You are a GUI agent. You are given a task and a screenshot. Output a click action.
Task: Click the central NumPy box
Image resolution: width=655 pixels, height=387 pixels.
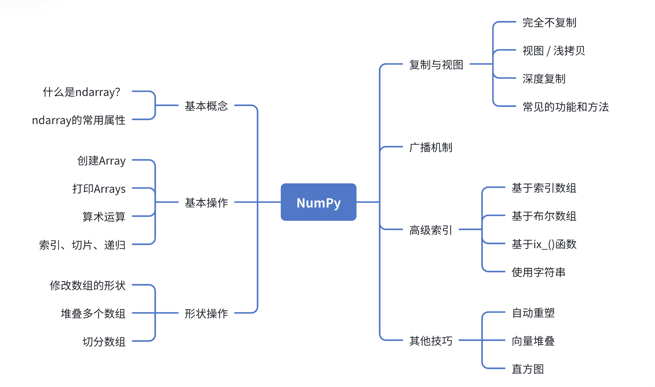(x=319, y=202)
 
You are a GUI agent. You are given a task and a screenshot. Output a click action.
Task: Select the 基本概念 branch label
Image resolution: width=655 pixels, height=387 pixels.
(x=206, y=106)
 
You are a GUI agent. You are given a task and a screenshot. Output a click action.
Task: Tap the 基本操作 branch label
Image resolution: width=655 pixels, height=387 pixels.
(x=206, y=202)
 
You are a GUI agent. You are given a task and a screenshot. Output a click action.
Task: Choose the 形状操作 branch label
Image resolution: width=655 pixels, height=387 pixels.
(x=206, y=313)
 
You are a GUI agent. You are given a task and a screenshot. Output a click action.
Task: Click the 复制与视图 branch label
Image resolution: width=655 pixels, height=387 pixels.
(x=436, y=65)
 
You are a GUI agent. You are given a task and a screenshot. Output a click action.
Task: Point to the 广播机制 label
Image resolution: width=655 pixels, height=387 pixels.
(x=430, y=147)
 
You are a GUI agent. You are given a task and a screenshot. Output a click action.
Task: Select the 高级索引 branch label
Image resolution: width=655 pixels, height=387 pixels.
(x=430, y=230)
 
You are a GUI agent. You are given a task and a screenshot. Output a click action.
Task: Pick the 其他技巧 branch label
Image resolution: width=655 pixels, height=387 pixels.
(x=430, y=341)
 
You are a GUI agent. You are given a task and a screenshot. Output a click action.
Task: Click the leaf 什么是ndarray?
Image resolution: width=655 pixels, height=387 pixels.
(x=82, y=92)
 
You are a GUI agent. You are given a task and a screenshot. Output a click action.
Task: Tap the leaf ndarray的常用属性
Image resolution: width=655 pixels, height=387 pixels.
(x=79, y=120)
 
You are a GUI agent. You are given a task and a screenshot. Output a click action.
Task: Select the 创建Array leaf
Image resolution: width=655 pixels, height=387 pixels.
(x=101, y=161)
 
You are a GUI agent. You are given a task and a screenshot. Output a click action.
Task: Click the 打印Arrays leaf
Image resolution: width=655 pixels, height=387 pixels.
(x=99, y=189)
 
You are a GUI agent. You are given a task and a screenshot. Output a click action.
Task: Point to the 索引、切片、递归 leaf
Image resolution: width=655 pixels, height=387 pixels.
(x=82, y=245)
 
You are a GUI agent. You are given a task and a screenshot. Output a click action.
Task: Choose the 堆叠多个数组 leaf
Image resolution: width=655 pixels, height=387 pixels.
(x=93, y=313)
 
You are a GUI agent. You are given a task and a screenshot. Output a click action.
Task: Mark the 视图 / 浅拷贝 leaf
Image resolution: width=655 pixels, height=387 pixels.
(x=553, y=51)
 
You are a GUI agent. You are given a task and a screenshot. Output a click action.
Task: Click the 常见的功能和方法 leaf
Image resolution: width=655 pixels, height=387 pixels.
(x=565, y=107)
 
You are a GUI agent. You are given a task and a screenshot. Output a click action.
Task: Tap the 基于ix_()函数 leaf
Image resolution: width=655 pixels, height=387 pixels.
(x=544, y=244)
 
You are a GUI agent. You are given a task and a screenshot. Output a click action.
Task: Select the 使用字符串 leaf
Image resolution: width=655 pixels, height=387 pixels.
(x=538, y=272)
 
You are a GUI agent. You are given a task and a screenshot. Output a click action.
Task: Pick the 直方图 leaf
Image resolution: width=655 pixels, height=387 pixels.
(x=528, y=369)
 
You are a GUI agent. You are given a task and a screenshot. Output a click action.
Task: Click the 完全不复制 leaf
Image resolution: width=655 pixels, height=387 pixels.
(x=549, y=23)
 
